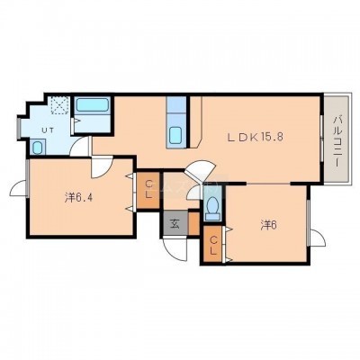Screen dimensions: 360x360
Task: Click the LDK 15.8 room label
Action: click(256, 138)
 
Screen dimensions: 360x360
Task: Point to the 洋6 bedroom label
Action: click(268, 225)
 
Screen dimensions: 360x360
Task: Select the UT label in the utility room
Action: click(48, 130)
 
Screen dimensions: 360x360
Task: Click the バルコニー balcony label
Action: click(337, 140)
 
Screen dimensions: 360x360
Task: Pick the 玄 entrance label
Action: click(175, 224)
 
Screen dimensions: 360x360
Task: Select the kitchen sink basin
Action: click(175, 135)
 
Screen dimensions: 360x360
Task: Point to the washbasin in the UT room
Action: click(38, 147)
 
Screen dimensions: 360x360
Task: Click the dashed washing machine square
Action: click(60, 105)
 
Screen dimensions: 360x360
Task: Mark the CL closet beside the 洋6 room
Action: click(213, 245)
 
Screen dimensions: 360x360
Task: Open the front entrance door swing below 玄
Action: click(174, 249)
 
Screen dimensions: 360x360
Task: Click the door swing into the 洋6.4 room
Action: click(102, 167)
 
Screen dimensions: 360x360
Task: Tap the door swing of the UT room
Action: click(79, 146)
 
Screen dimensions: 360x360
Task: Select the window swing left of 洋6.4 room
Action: click(18, 189)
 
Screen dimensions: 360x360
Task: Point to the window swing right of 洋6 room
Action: click(318, 238)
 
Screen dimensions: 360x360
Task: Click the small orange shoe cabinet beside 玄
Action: click(193, 224)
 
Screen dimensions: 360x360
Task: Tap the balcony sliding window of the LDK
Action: click(321, 139)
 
